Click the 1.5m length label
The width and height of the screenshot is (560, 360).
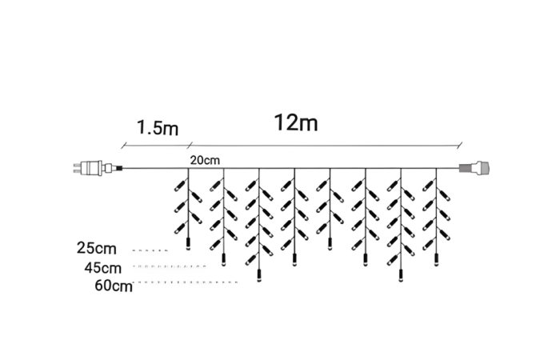[x=157, y=127]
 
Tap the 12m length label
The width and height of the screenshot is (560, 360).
[x=296, y=123]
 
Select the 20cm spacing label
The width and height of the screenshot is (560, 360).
[x=206, y=160]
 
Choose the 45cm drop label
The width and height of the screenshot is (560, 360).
[x=102, y=266]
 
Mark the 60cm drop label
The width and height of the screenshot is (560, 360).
[x=112, y=283]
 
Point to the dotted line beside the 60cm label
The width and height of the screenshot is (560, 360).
[x=189, y=283]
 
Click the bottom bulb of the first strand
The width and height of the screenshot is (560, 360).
[x=188, y=245]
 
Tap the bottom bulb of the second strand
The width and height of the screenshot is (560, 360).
[x=223, y=259]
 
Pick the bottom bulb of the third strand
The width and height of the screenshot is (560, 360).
[x=258, y=277]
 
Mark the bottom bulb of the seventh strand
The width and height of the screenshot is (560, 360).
[x=400, y=277]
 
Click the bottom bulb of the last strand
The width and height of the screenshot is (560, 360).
[x=436, y=259]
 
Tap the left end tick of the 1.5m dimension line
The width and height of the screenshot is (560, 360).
[x=122, y=146]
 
